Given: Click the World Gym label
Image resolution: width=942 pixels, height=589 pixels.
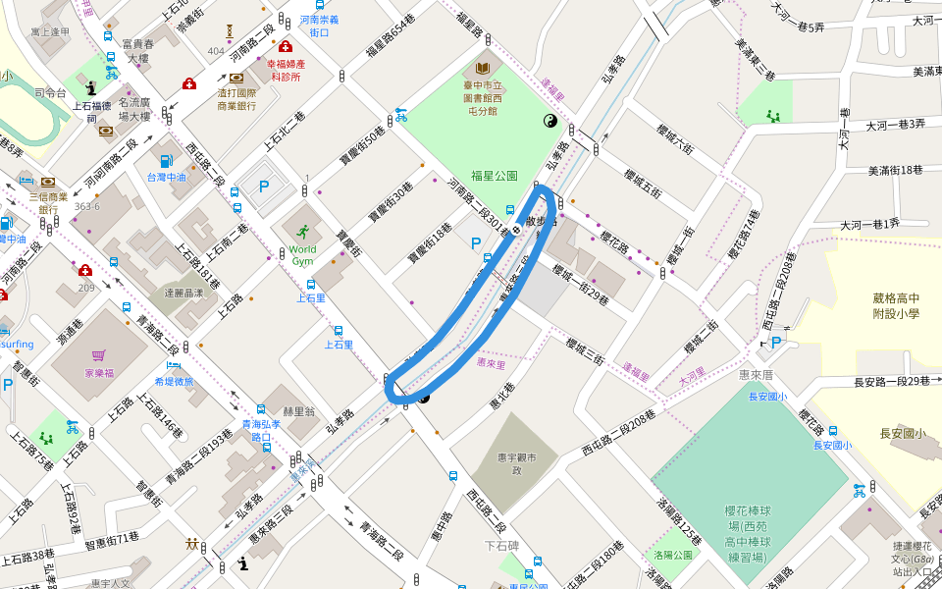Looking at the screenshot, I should pyautogui.click(x=303, y=255).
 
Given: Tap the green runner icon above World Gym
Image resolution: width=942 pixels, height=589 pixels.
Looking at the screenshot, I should pyautogui.click(x=304, y=232).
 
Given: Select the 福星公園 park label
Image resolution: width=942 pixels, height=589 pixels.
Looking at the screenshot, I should pyautogui.click(x=494, y=176).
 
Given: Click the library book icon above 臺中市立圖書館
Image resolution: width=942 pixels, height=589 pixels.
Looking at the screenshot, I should pyautogui.click(x=482, y=69).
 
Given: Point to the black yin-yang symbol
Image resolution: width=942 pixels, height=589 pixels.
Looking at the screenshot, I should pyautogui.click(x=549, y=121).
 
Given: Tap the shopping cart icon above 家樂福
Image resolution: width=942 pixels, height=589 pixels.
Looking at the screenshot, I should pyautogui.click(x=98, y=355).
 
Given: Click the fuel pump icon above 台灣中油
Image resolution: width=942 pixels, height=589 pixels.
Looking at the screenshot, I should pyautogui.click(x=165, y=161).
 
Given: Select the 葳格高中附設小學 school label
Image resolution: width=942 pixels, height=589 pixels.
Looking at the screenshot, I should pyautogui.click(x=897, y=306).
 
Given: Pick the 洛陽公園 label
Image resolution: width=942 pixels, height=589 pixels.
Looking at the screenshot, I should pyautogui.click(x=673, y=556).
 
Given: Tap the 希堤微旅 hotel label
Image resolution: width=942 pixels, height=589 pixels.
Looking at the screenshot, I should pyautogui.click(x=175, y=382).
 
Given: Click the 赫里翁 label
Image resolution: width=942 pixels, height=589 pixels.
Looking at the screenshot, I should pyautogui.click(x=297, y=412).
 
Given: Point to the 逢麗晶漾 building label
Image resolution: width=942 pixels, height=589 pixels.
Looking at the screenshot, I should pyautogui.click(x=183, y=293).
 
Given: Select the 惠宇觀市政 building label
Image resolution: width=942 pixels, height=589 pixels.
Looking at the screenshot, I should pyautogui.click(x=514, y=463).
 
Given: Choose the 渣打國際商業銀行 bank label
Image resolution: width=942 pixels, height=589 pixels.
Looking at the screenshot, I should pyautogui.click(x=236, y=98).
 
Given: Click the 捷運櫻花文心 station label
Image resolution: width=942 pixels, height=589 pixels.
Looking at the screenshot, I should pyautogui.click(x=913, y=560).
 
